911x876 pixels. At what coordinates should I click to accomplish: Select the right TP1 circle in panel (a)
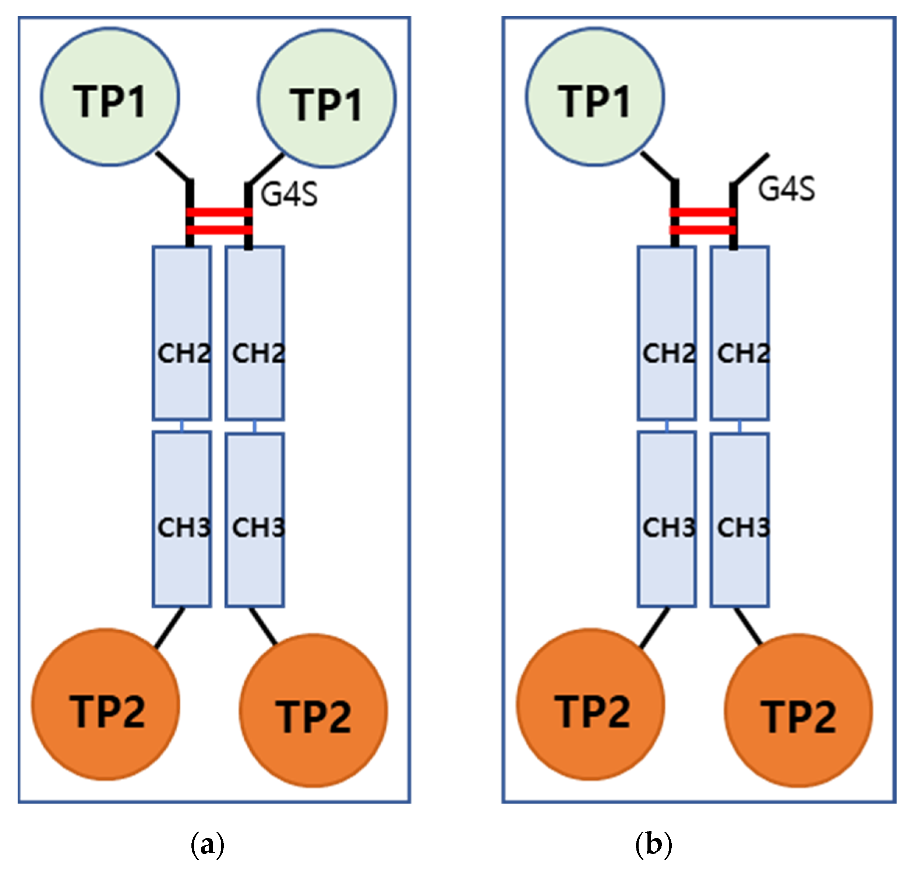pyautogui.click(x=327, y=99)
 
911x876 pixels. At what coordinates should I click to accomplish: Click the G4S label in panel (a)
pyautogui.click(x=289, y=194)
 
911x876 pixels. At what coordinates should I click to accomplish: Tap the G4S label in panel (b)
pyautogui.click(x=787, y=189)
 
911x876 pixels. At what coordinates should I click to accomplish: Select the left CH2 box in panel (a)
pyautogui.click(x=182, y=333)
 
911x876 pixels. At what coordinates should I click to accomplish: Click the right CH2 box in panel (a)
pyautogui.click(x=255, y=333)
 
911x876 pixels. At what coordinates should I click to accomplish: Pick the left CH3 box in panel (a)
pyautogui.click(x=182, y=519)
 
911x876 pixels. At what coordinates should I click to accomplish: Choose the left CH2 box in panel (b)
pyautogui.click(x=667, y=333)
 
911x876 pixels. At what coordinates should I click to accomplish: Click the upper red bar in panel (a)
pyautogui.click(x=219, y=212)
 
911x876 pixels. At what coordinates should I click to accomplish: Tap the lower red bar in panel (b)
pyautogui.click(x=702, y=230)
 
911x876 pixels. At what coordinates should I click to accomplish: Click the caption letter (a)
pyautogui.click(x=207, y=844)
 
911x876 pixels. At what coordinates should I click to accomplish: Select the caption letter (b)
pyautogui.click(x=653, y=844)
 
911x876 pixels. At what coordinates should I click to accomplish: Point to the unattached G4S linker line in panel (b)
pyautogui.click(x=751, y=169)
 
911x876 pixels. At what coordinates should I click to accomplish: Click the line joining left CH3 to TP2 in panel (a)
pyautogui.click(x=169, y=628)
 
